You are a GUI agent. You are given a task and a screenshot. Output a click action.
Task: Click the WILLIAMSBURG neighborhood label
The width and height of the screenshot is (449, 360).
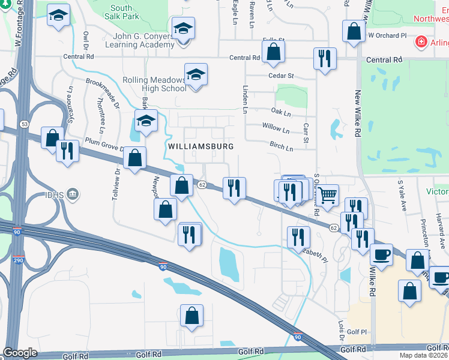click(200, 146)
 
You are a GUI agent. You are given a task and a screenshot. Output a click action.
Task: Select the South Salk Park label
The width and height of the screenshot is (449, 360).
click(121, 13)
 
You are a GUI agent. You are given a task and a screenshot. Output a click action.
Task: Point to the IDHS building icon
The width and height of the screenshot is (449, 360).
click(73, 194)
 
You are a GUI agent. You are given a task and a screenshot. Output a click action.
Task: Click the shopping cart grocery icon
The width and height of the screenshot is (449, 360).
click(327, 194)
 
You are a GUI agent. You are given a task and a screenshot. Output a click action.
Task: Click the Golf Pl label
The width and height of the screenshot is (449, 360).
click(356, 332)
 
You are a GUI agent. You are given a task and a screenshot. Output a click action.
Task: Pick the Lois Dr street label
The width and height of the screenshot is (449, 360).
click(340, 327)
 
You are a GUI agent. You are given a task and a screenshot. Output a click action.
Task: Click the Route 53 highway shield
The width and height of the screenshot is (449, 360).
click(24, 124)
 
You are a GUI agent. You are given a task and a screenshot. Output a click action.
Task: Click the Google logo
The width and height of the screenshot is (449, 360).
click(20, 353)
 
